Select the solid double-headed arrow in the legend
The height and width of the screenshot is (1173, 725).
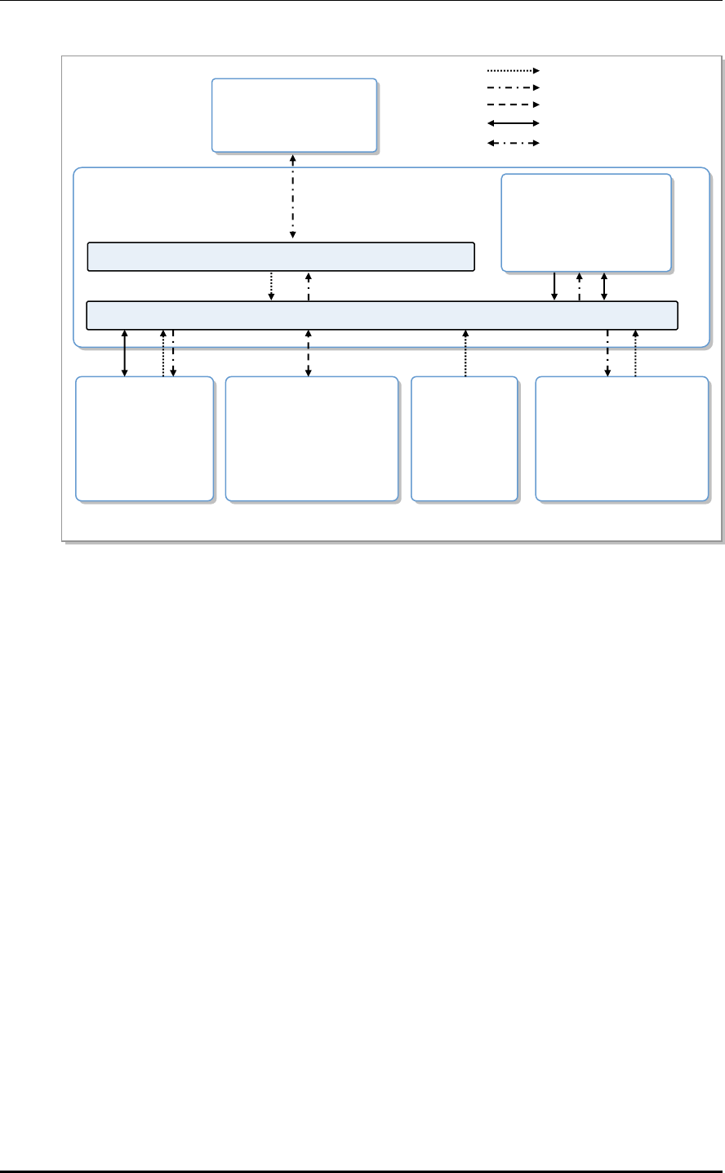pos(512,123)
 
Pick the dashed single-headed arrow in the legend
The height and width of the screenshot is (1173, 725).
pos(512,105)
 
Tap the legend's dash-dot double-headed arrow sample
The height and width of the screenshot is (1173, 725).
pos(512,142)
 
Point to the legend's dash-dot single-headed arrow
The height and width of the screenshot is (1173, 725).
pos(512,86)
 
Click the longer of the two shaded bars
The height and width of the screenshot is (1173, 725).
pos(382,315)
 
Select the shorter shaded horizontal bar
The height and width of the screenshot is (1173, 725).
pos(281,255)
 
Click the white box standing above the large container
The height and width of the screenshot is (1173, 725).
pos(294,115)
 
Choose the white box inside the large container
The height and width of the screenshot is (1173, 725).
pos(586,222)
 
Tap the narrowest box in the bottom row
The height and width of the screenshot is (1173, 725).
pos(464,438)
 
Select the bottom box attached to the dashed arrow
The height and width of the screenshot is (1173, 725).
pos(311,438)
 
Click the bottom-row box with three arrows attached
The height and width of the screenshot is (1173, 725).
pos(144,438)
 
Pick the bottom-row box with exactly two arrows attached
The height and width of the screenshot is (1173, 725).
pos(620,438)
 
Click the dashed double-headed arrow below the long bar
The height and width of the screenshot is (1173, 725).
pos(308,353)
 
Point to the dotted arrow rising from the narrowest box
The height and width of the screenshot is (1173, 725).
pos(465,353)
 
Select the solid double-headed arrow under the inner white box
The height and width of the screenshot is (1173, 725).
pos(604,286)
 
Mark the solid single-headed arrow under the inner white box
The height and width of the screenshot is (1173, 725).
pos(554,286)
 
